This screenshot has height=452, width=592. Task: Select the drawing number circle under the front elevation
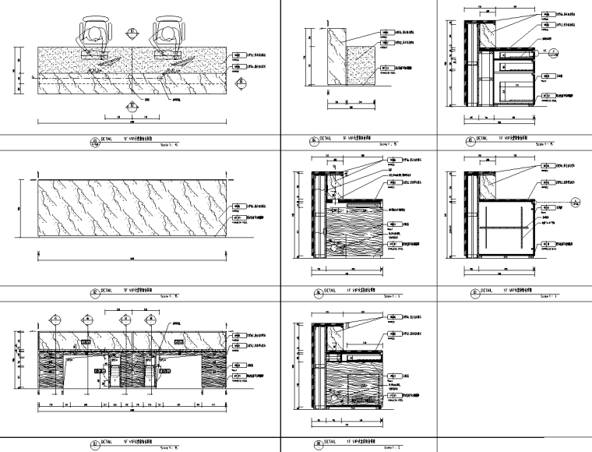point(95,444)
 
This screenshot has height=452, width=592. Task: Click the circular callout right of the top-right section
point(554,53)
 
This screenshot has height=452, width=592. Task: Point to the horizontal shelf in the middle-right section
point(503,227)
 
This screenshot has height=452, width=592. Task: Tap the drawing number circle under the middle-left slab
point(95,293)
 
